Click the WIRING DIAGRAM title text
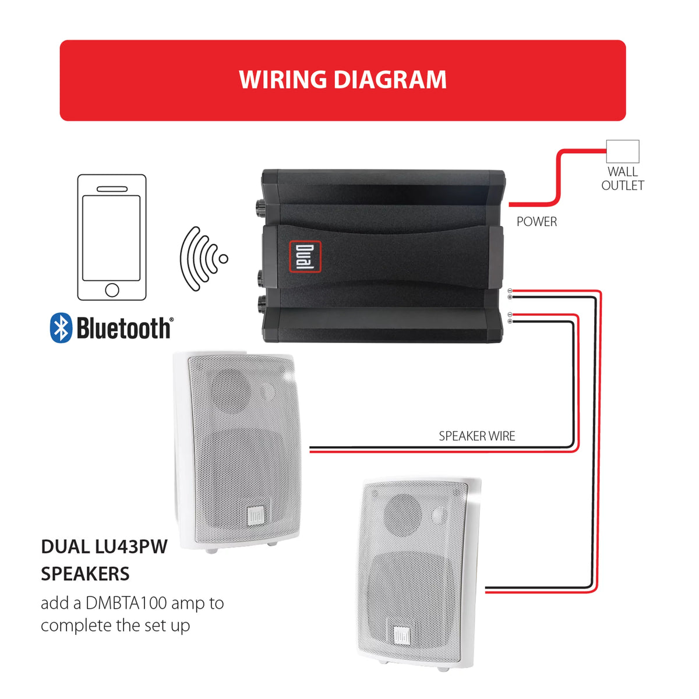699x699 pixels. pos(343,79)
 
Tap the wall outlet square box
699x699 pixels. pos(623,151)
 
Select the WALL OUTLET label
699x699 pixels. pos(623,178)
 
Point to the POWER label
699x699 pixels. pos(536,221)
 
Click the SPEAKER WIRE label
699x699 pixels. pos(476,436)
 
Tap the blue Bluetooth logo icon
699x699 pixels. pos(61,327)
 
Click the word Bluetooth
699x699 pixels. pos(124,328)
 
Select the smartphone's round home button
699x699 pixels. pos(112,290)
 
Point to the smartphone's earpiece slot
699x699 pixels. pos(112,189)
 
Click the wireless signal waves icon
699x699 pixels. pos(203,259)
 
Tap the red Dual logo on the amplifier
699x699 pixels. pos(305,256)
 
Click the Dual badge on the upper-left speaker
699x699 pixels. pos(256,516)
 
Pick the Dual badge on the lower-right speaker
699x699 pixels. pos(401,636)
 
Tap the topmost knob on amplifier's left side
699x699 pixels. pos(260,208)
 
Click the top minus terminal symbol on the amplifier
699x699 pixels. pos(510,291)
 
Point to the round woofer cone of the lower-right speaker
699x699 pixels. pos(403,514)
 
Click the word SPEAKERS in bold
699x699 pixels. pos(85,574)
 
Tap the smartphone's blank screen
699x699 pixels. pos(111,238)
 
